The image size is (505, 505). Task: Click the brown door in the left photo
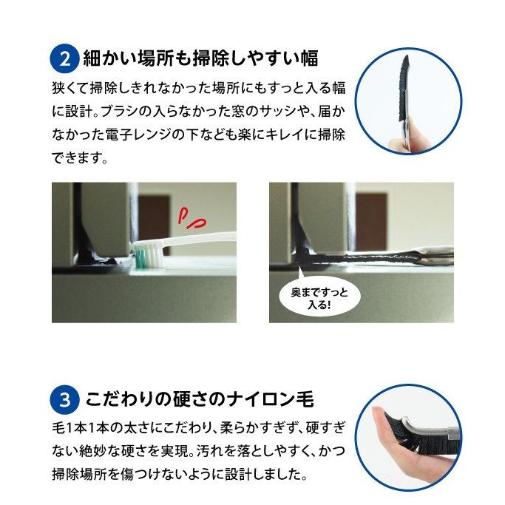tap(155, 222)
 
